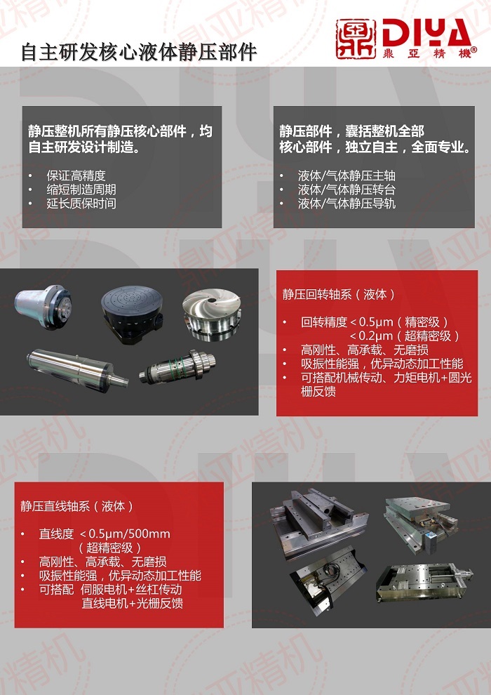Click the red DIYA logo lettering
tap(425, 32)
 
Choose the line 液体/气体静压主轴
tap(347, 176)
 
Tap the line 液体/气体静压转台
tap(347, 190)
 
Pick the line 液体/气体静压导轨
tap(347, 204)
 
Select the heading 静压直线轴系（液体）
tap(77, 505)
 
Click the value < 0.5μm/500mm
tap(126, 534)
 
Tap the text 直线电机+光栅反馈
tap(133, 602)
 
